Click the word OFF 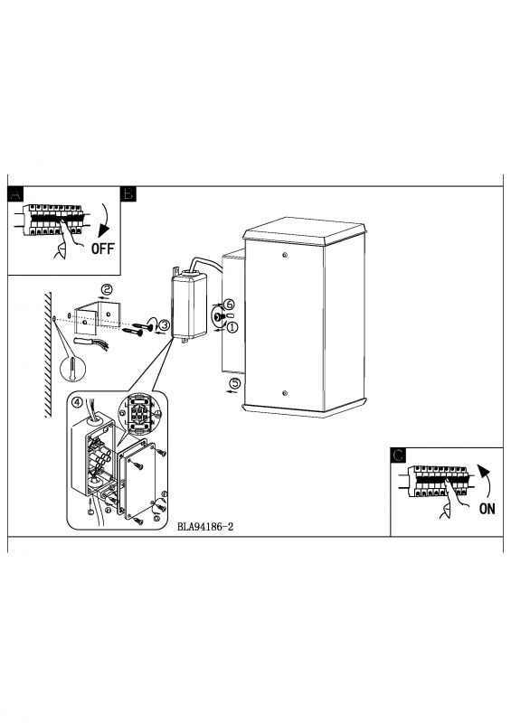coord(102,249)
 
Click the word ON coord(487,509)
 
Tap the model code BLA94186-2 coord(205,527)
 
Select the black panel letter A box coord(15,194)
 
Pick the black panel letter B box coord(128,194)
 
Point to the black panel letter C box coord(398,455)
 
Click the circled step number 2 coord(107,289)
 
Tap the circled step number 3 coord(164,324)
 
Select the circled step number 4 coord(77,402)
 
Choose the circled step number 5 coord(235,382)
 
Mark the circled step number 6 coord(229,305)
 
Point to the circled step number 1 coord(232,327)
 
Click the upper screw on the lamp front coord(285,255)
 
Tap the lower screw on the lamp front coord(285,393)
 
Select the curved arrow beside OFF coord(106,221)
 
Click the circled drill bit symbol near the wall coord(73,370)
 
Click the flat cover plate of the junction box coord(137,480)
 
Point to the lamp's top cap coord(305,230)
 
